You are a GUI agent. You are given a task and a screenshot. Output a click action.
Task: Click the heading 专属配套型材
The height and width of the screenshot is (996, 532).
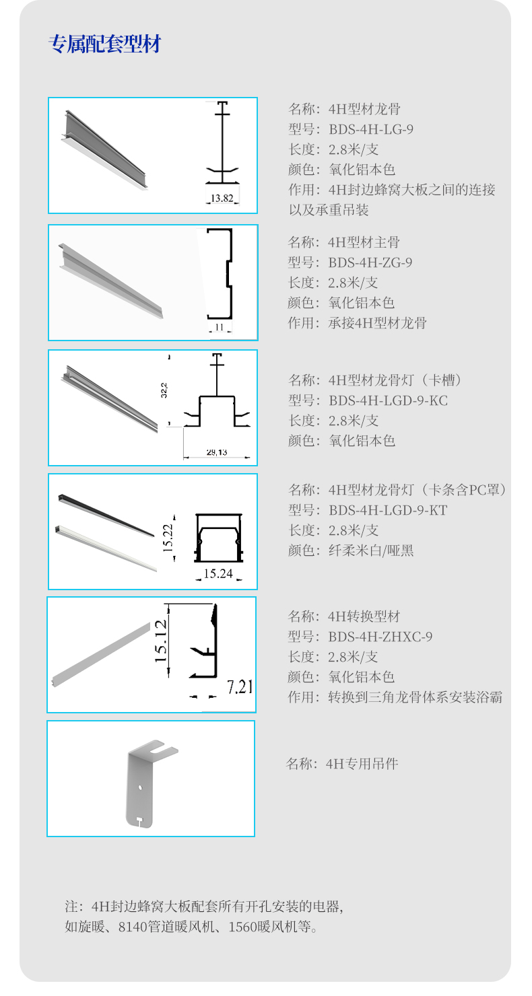pos(105,45)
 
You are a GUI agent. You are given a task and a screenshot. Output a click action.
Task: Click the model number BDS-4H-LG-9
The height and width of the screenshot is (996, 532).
pos(370,129)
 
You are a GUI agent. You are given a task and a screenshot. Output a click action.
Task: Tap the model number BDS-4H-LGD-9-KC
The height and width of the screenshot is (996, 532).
pos(388,400)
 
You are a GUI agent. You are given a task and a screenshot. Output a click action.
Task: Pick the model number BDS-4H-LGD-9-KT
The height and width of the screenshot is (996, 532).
pos(387,510)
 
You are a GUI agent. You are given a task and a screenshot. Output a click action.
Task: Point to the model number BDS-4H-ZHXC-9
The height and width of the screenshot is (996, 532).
pos(380,637)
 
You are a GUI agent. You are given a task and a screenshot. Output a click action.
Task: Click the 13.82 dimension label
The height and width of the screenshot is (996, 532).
pos(222,198)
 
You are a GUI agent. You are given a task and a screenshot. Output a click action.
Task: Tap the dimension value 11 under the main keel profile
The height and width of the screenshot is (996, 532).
pos(219,328)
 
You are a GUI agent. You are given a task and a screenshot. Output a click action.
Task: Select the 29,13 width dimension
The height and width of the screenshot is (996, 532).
pos(216,452)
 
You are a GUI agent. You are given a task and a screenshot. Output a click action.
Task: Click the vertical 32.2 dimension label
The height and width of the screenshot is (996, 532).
pos(164,391)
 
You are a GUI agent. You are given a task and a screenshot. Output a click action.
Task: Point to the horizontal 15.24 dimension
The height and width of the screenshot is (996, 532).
pos(218,574)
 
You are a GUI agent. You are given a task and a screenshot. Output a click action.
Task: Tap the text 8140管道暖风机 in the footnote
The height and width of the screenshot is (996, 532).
pos(162,927)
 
